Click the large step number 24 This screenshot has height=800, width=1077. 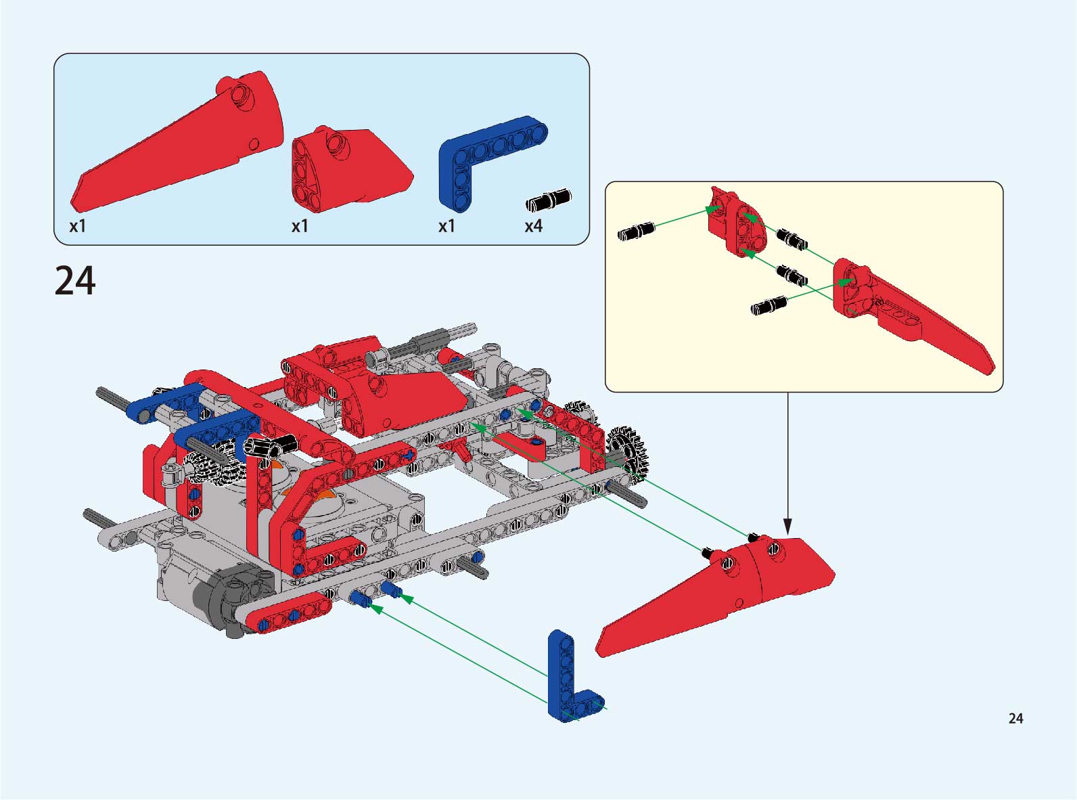tap(75, 281)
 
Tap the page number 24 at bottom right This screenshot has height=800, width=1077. tap(1015, 719)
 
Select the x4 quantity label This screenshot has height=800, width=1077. tap(533, 226)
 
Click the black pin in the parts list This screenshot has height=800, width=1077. tap(549, 200)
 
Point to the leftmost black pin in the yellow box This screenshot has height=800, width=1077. tap(637, 231)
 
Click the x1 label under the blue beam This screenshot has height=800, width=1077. tap(446, 226)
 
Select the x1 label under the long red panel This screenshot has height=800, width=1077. tap(78, 226)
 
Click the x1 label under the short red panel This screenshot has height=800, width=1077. tap(300, 226)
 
